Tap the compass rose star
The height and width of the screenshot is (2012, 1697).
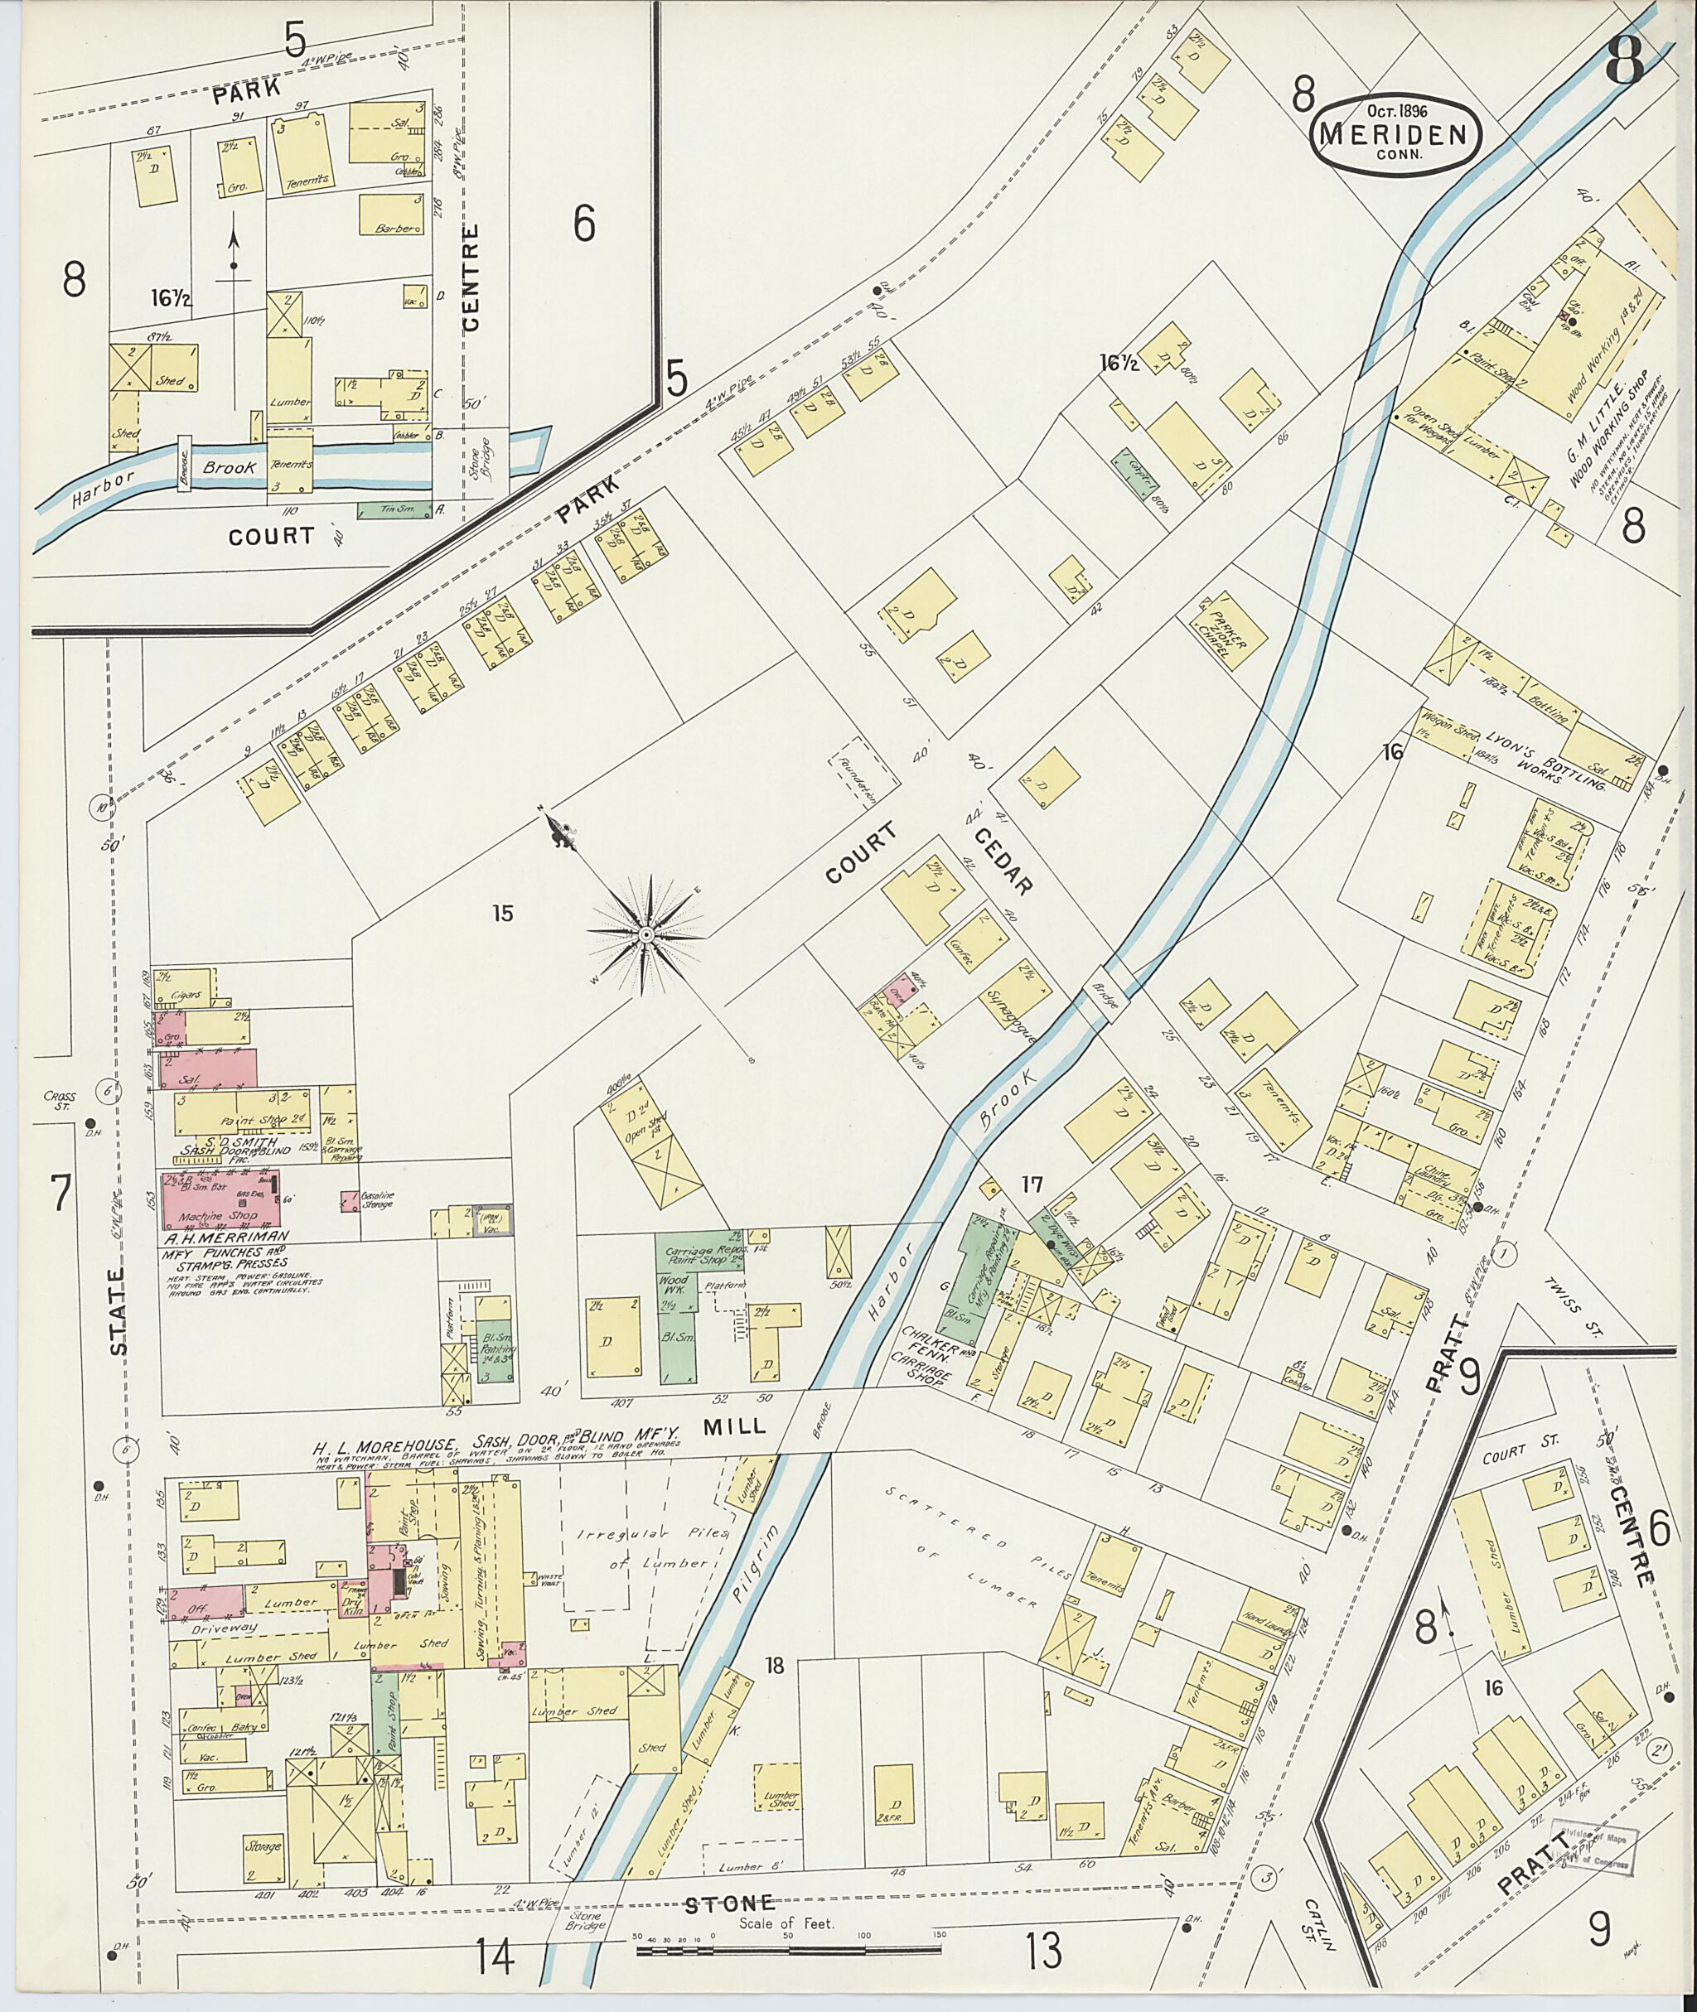click(645, 934)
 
